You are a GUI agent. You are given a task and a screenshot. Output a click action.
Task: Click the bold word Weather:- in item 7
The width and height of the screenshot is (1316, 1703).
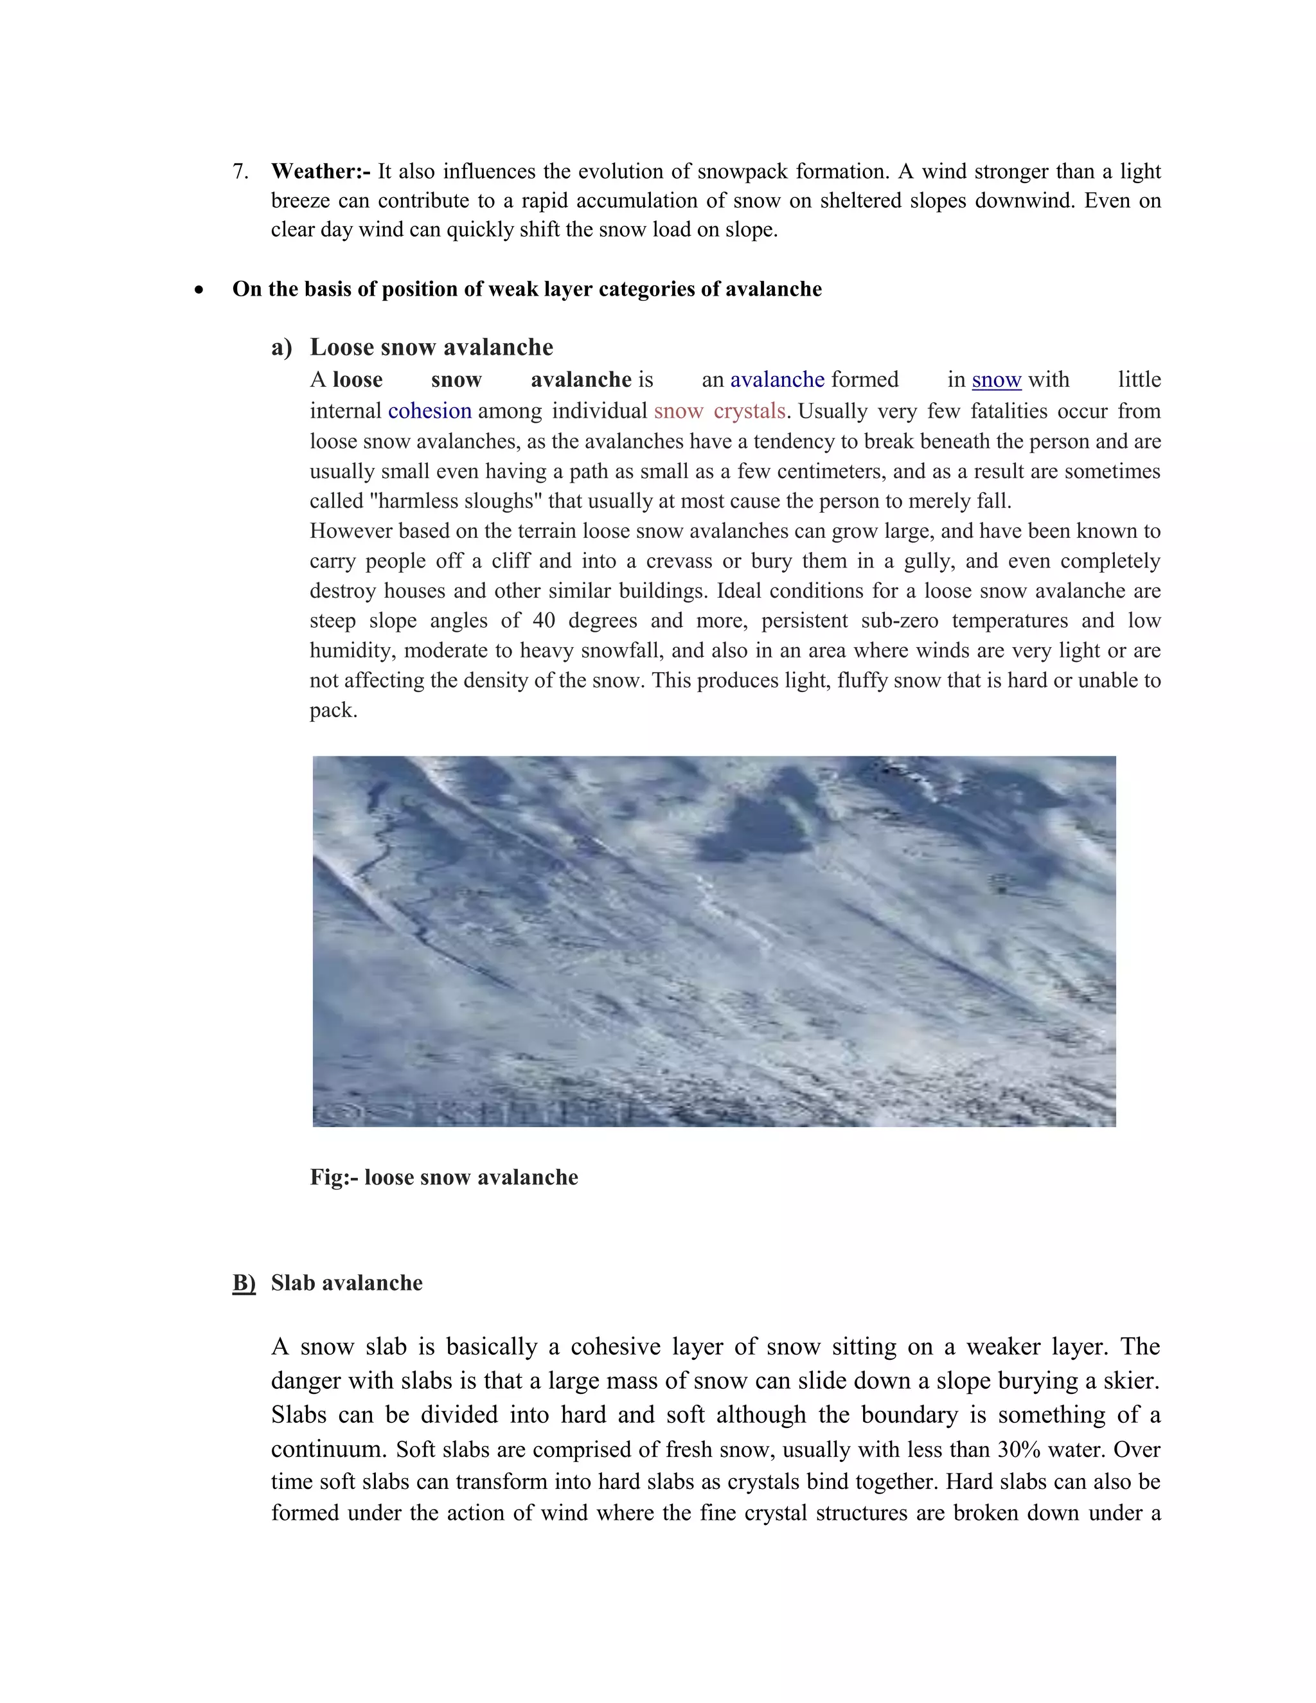point(321,172)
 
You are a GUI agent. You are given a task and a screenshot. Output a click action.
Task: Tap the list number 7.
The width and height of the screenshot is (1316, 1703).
point(240,172)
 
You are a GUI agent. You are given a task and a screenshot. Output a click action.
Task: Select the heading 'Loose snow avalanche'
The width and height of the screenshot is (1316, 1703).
point(431,347)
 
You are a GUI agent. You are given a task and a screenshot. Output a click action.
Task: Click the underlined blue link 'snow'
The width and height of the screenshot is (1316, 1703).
point(995,380)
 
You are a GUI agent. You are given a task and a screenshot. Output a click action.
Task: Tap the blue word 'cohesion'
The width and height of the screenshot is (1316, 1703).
point(430,411)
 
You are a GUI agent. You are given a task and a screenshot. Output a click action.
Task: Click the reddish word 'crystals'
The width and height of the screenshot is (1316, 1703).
point(749,411)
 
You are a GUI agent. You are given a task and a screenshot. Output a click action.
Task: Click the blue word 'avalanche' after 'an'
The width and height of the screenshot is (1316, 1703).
point(776,380)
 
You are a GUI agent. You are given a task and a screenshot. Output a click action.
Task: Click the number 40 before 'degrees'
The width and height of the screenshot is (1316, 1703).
point(544,621)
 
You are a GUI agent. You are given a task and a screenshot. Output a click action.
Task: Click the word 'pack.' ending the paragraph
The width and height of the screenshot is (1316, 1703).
point(333,710)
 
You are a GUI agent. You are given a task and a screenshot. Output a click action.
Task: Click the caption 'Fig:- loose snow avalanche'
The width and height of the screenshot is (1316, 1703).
point(443,1177)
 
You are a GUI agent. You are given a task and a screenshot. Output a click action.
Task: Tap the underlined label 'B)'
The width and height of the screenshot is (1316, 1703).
point(244,1283)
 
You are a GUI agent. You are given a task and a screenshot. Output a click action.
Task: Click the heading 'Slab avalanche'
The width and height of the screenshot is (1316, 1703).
point(347,1283)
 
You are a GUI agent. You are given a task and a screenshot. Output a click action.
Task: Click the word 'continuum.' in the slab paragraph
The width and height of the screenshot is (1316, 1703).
point(329,1450)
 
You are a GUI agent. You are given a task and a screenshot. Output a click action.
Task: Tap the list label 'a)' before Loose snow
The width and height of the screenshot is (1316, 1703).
point(281,348)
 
